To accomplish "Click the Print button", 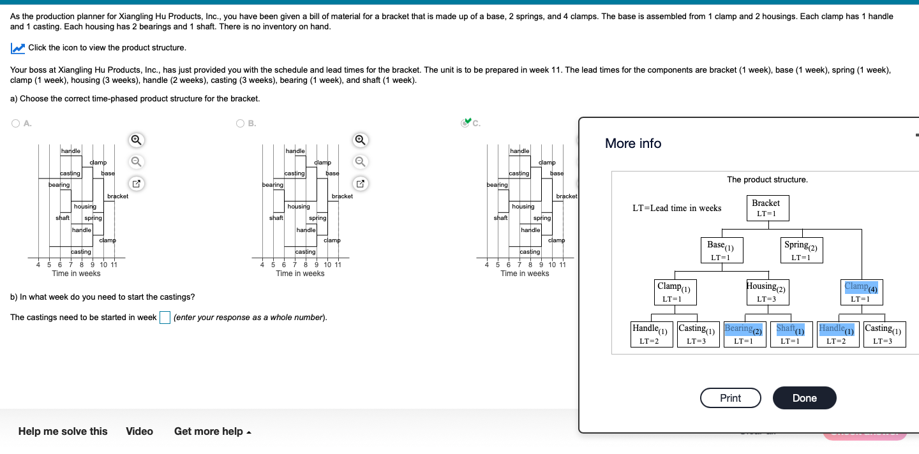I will tap(730, 398).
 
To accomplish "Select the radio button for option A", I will tap(15, 124).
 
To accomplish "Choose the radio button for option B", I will tap(240, 124).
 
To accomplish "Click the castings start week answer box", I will tap(165, 318).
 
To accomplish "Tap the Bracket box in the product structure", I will tap(766, 208).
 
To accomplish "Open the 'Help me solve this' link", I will tap(63, 432).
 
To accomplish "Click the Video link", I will tap(139, 432).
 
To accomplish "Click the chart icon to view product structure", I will tap(18, 48).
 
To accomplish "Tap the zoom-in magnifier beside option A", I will tap(135, 140).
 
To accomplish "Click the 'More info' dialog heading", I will tap(632, 143).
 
